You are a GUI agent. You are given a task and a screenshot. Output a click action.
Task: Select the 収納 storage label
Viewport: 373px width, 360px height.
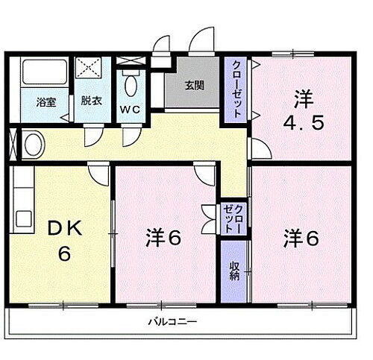[x=234, y=270]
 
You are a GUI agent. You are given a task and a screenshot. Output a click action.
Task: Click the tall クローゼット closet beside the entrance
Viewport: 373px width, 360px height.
[x=236, y=89]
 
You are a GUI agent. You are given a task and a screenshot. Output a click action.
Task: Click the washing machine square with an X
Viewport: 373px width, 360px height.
[x=90, y=68]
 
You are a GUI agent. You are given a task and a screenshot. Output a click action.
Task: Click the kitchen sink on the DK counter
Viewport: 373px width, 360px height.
[x=23, y=219]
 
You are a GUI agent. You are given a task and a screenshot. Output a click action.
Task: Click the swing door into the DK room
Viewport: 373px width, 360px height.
[x=97, y=173]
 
